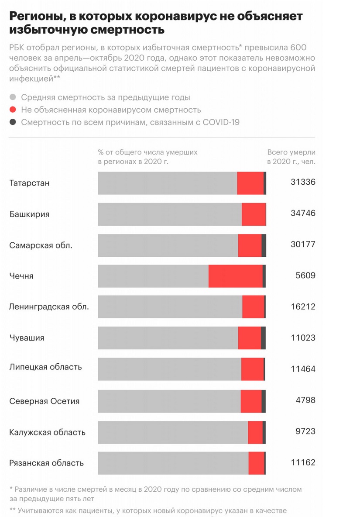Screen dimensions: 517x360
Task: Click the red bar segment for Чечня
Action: click(x=236, y=276)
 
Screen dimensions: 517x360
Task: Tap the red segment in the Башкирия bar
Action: click(x=254, y=214)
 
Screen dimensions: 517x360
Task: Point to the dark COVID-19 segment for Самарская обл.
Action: click(x=264, y=245)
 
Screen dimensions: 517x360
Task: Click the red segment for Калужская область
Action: click(x=255, y=432)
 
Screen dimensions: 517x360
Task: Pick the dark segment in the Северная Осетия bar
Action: click(x=263, y=401)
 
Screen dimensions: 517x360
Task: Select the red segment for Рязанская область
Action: click(x=256, y=463)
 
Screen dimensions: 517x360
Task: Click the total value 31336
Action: click(x=303, y=182)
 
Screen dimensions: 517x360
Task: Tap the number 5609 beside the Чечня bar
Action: click(x=305, y=276)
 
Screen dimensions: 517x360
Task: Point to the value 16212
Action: click(x=303, y=307)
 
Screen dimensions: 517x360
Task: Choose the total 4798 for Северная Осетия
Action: click(x=305, y=400)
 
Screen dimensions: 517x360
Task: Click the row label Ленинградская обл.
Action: click(x=49, y=307)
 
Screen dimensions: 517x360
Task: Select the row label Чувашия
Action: click(x=27, y=338)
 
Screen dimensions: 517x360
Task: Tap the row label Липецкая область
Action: click(x=45, y=367)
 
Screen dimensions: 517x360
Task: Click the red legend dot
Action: click(x=13, y=110)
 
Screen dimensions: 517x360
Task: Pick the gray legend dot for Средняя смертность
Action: click(x=13, y=97)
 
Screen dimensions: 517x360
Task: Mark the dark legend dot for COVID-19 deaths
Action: click(x=13, y=122)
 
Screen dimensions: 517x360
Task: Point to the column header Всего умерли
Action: click(x=291, y=152)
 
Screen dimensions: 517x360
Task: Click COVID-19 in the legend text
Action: click(x=221, y=122)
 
